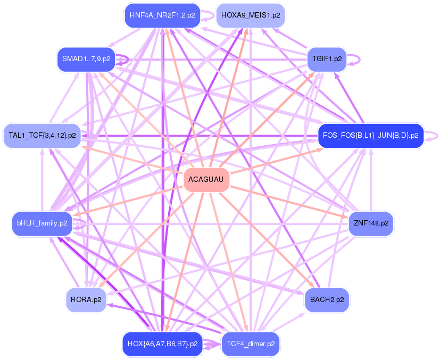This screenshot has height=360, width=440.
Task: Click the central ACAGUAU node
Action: point(206,180)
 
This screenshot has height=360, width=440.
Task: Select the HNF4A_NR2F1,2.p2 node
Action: point(162,15)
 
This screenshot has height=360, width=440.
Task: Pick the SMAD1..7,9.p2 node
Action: point(86,59)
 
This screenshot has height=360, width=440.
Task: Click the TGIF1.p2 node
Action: point(327,59)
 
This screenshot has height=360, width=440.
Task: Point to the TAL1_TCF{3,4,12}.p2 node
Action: point(42,136)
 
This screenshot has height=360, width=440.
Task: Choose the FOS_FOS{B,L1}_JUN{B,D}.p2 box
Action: point(370,136)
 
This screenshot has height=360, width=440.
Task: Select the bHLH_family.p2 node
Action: point(42,223)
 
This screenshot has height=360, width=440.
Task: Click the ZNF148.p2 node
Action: point(370,223)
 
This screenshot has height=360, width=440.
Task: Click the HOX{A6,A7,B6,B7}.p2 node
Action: point(162,344)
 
